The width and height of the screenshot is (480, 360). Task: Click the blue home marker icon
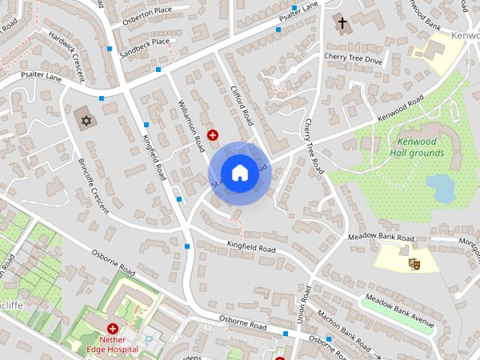pyautogui.click(x=239, y=173)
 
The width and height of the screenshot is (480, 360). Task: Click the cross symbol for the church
pyautogui.click(x=343, y=23)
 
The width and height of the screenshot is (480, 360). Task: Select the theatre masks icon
pyautogui.click(x=412, y=263)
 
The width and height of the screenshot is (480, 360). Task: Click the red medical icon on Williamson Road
pyautogui.click(x=213, y=135)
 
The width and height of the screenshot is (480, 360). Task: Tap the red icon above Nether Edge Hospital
pyautogui.click(x=112, y=328)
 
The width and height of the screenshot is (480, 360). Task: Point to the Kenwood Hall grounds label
pyautogui.click(x=416, y=147)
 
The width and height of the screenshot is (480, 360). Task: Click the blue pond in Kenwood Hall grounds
pyautogui.click(x=440, y=187)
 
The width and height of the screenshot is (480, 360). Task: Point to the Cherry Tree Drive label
pyautogui.click(x=353, y=58)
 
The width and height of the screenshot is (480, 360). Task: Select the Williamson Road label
pyautogui.click(x=191, y=126)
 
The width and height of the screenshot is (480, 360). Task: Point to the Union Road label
pyautogui.click(x=305, y=303)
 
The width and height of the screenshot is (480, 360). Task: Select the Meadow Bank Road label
pyautogui.click(x=381, y=238)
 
